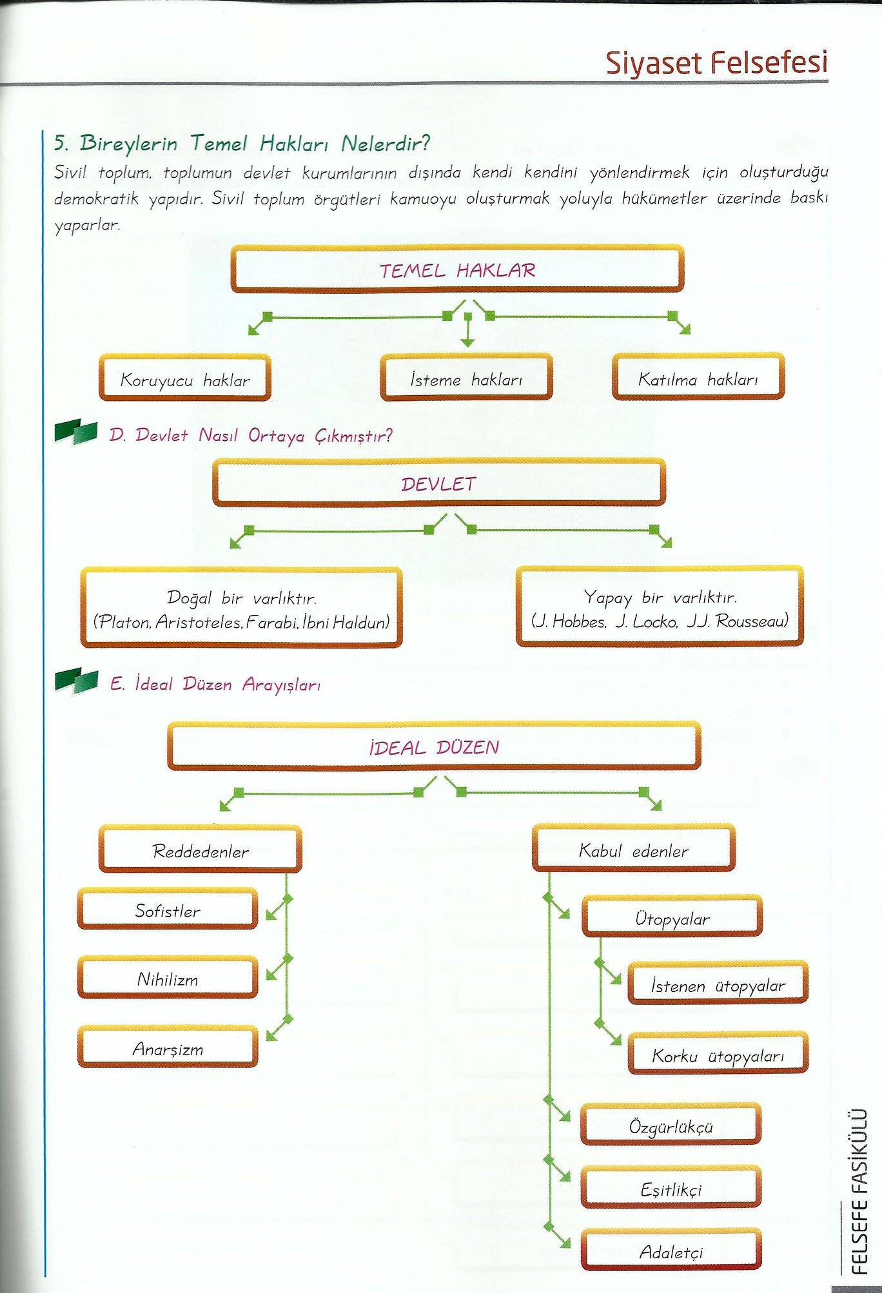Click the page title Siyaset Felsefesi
pyautogui.click(x=716, y=63)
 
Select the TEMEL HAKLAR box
pyautogui.click(x=457, y=269)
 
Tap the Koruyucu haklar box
pyautogui.click(x=185, y=378)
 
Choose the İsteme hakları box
pyautogui.click(x=466, y=378)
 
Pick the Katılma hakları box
pyautogui.click(x=698, y=377)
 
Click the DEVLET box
pyautogui.click(x=438, y=483)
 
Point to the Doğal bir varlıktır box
pyautogui.click(x=242, y=608)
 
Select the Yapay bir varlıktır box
pyautogui.click(x=660, y=607)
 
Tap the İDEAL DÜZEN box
pyautogui.click(x=434, y=746)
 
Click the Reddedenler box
pyautogui.click(x=201, y=850)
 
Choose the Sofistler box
pyautogui.click(x=168, y=909)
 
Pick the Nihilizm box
pyautogui.click(x=168, y=978)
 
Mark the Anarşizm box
pyautogui.click(x=168, y=1047)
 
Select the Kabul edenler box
pyautogui.click(x=634, y=848)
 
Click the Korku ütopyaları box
pyautogui.click(x=718, y=1054)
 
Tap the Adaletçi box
pyautogui.click(x=671, y=1250)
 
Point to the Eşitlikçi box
pyautogui.click(x=671, y=1187)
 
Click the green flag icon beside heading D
pyautogui.click(x=76, y=431)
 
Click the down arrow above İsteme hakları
pyautogui.click(x=468, y=329)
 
